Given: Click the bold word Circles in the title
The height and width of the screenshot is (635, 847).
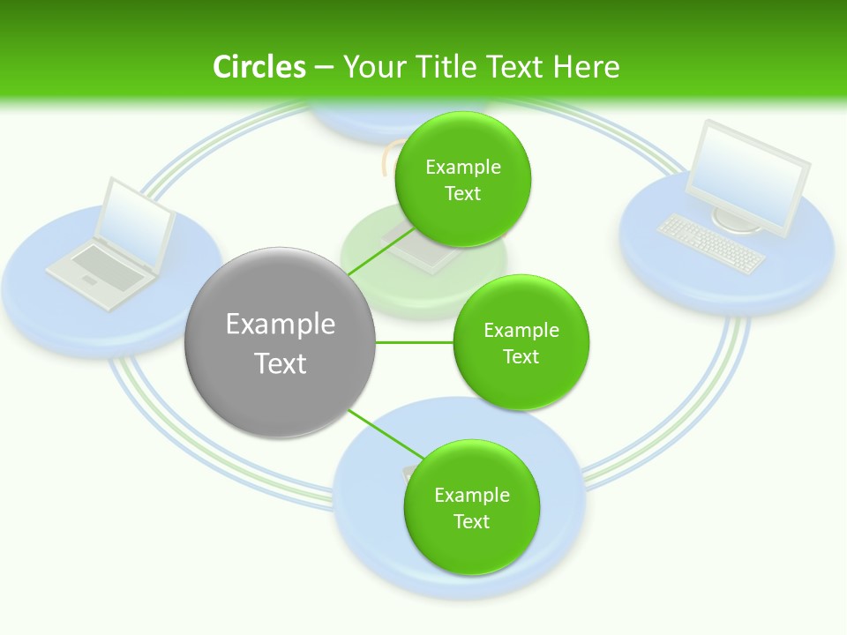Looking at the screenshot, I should click(259, 67).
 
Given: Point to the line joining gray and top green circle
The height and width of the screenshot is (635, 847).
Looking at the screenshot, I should click(372, 257).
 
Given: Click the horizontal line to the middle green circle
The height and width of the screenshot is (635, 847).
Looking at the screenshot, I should click(414, 342).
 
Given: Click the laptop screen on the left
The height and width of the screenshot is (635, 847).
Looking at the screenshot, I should click(134, 224).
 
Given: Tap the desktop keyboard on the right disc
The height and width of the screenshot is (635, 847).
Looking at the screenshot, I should click(711, 243).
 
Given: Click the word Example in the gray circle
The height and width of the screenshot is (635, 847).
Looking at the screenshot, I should click(280, 324).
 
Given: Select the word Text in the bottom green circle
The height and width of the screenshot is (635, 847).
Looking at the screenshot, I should click(471, 521).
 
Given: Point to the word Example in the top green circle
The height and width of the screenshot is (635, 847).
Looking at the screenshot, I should click(463, 167).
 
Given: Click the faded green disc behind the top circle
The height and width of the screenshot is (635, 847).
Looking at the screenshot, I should click(371, 265).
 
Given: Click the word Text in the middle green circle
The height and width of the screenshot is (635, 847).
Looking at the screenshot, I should click(521, 356).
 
